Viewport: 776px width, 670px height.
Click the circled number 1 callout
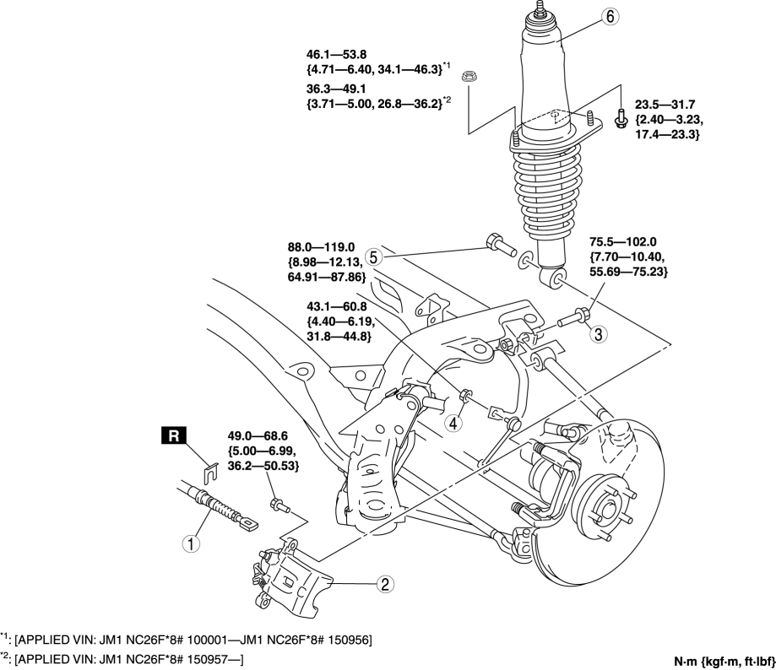(x=193, y=543)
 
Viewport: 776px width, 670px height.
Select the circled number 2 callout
(x=383, y=582)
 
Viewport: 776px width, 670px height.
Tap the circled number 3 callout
(x=598, y=334)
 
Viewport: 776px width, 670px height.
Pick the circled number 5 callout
(x=376, y=254)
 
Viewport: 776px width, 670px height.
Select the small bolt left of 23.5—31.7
(x=621, y=120)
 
